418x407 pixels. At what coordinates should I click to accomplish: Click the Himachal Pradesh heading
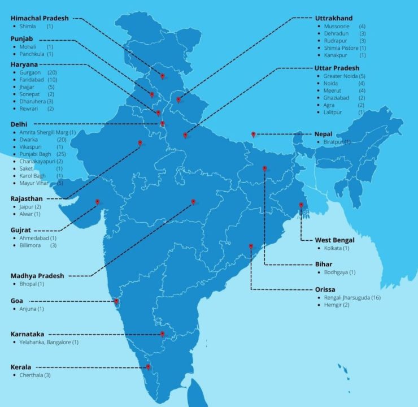pyautogui.click(x=40, y=18)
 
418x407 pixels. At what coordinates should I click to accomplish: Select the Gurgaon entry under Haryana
pyautogui.click(x=29, y=73)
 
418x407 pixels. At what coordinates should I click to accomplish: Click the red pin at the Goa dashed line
pyautogui.click(x=117, y=301)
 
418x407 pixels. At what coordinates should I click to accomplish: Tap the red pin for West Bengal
pyautogui.click(x=301, y=205)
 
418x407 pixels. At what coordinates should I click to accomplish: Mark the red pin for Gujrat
pyautogui.click(x=98, y=202)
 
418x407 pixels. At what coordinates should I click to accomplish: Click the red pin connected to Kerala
pyautogui.click(x=148, y=367)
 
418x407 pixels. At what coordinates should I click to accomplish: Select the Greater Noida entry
pyautogui.click(x=340, y=76)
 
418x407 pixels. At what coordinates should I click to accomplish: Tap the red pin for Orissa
pyautogui.click(x=251, y=246)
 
